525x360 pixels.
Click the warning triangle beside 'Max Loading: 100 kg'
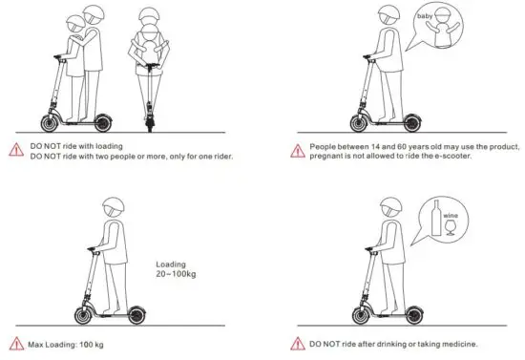pyautogui.click(x=15, y=344)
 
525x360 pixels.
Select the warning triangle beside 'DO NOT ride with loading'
pyautogui.click(x=15, y=149)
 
